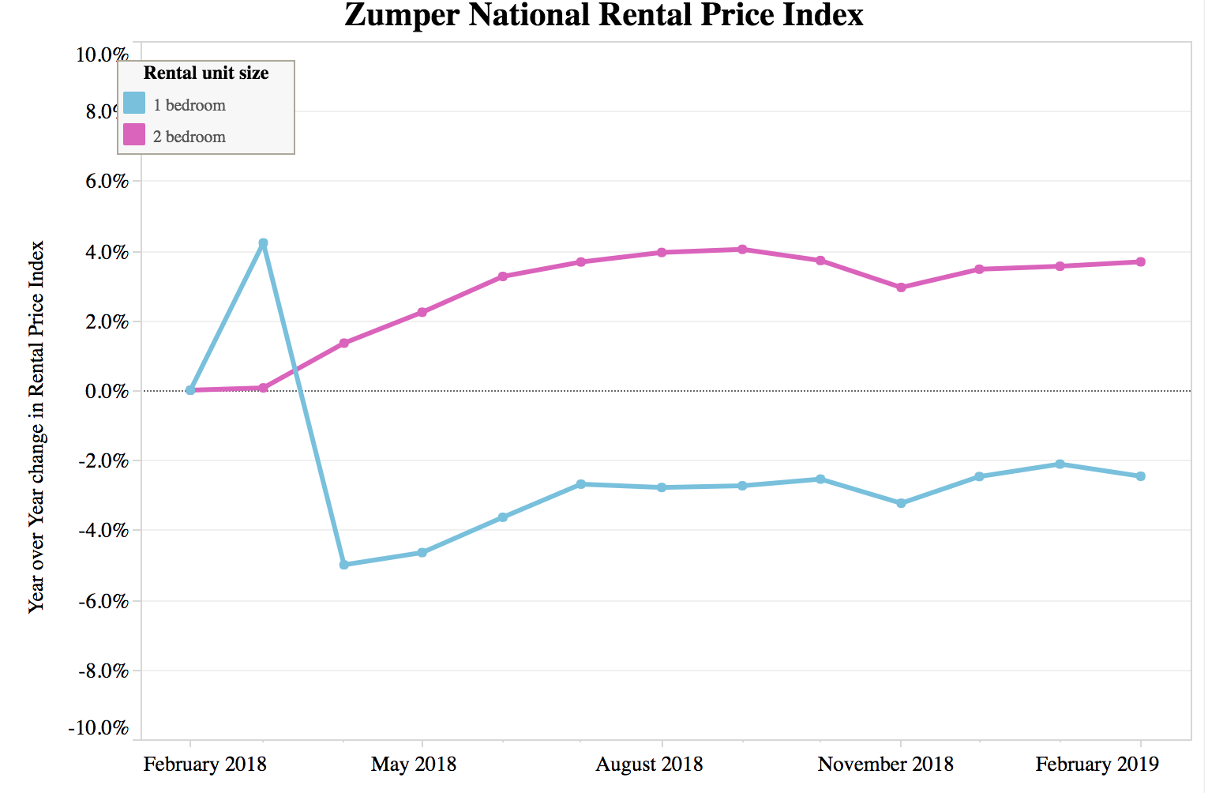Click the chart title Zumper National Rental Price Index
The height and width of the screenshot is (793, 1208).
click(604, 16)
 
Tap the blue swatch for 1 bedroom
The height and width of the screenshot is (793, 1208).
click(134, 103)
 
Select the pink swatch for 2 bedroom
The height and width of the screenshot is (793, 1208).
click(134, 135)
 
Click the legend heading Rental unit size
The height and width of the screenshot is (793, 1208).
click(206, 73)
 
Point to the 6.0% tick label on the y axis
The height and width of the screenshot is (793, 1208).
click(103, 181)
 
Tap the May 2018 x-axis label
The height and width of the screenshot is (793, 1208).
click(414, 765)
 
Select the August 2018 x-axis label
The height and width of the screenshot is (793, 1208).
click(649, 765)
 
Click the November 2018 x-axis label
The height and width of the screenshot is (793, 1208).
click(886, 765)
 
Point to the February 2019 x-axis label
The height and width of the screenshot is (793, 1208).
click(1097, 765)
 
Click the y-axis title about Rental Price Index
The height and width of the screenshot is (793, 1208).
click(36, 427)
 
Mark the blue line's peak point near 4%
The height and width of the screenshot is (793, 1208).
click(263, 243)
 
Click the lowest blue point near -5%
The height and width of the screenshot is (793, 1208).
click(343, 565)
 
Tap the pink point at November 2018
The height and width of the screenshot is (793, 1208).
click(901, 288)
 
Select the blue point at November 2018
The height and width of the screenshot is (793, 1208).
click(901, 503)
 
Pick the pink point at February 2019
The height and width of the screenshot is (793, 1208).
click(1140, 262)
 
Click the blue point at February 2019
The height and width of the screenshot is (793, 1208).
click(1140, 476)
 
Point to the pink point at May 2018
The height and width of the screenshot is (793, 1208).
click(422, 312)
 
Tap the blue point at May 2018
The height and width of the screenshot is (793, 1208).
click(422, 553)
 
